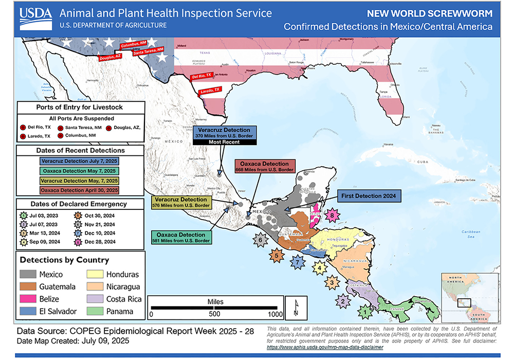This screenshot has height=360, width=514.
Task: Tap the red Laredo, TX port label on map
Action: click(209, 91)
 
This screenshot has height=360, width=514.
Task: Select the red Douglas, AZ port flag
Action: click(109, 58)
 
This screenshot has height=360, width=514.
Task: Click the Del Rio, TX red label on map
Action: click(201, 76)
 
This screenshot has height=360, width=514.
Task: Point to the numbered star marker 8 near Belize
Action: click(334, 215)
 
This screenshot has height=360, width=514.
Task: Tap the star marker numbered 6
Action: click(261, 239)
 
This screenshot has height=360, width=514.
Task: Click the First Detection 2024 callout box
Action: click(368, 195)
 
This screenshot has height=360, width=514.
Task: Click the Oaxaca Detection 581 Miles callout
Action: click(182, 238)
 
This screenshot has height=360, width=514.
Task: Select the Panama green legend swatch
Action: click(96, 311)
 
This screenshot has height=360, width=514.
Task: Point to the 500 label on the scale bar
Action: click(214, 314)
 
